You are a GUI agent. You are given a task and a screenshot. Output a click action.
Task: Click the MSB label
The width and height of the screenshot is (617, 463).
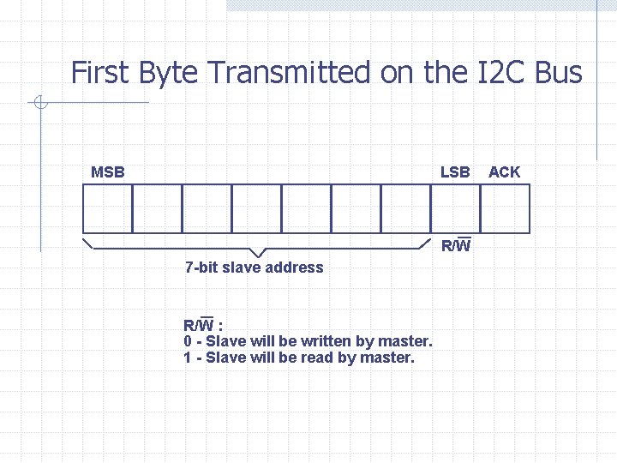pos(108,172)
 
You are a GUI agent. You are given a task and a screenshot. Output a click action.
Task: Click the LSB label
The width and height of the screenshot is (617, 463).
pos(455,172)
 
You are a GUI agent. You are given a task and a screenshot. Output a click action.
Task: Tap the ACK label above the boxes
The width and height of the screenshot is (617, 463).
pos(504,172)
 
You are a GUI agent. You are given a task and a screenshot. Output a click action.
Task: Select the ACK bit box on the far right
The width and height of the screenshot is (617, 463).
pos(505,209)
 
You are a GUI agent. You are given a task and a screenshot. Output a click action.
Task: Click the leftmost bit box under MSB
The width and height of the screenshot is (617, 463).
pos(107,209)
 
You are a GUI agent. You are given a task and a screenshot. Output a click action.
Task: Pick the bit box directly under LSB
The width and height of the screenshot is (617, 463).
pos(455,209)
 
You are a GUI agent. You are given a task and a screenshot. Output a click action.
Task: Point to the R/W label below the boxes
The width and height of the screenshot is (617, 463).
pos(456,247)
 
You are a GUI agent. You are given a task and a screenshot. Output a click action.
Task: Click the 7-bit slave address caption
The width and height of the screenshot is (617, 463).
pos(255,268)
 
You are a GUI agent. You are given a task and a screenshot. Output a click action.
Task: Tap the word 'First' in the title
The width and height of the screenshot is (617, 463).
pos(96,73)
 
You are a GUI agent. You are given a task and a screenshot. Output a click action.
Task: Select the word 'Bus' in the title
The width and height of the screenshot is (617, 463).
pos(558,73)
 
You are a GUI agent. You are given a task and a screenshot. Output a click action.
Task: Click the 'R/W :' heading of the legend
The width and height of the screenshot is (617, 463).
pos(203,326)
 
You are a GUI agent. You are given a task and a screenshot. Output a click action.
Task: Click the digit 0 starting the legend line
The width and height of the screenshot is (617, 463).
pos(188,342)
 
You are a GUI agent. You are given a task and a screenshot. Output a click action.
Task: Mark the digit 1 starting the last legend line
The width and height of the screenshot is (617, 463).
pos(188,358)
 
